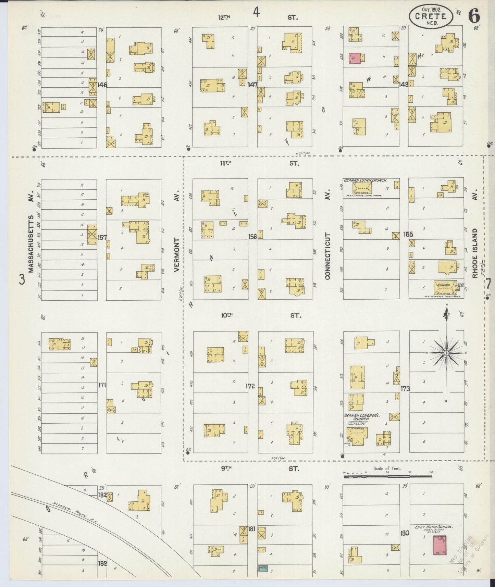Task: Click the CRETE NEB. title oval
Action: point(431,16)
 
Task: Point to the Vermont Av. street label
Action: point(177,255)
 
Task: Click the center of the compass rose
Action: point(446,353)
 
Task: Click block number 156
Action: point(252,236)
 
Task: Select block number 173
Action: point(405,389)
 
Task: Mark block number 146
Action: point(102,84)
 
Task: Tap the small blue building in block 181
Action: point(262,567)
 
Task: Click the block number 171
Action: point(102,385)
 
